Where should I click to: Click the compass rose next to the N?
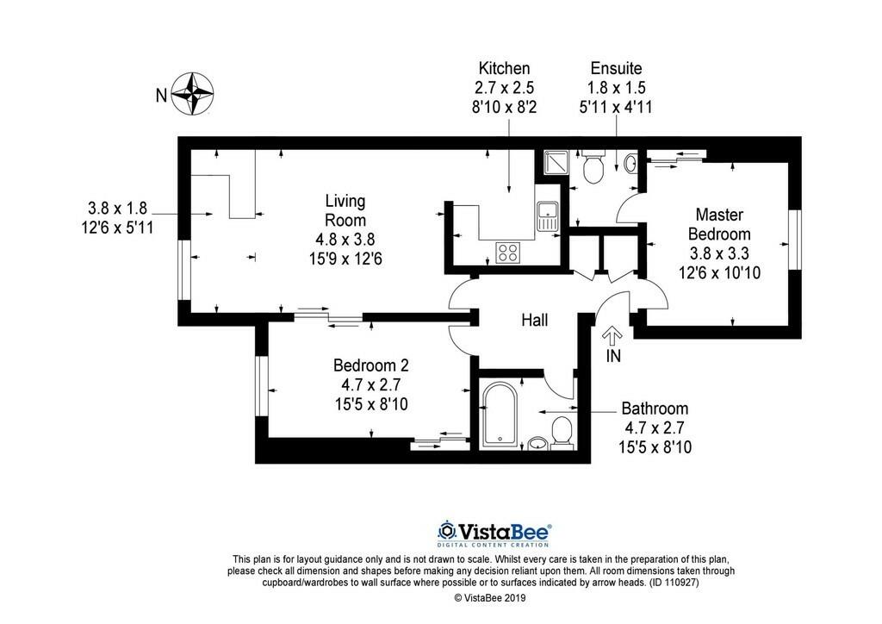[x=193, y=93]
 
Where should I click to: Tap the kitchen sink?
[x=547, y=215]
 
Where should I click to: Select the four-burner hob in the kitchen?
[x=507, y=252]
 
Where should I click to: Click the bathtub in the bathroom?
[x=499, y=414]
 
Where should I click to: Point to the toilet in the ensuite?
[x=593, y=167]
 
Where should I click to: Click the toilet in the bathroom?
[x=562, y=432]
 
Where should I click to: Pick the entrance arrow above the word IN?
[x=612, y=335]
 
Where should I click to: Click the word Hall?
[x=534, y=321]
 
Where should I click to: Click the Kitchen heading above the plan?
[x=504, y=68]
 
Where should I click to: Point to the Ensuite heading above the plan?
[x=616, y=68]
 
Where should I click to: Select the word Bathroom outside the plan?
[x=655, y=409]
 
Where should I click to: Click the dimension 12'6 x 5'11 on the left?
[x=118, y=226]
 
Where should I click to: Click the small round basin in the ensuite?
[x=630, y=162]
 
